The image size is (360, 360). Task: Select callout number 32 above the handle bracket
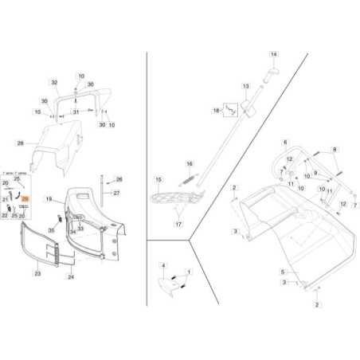click(55, 82)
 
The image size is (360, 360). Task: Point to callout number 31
click(76, 112)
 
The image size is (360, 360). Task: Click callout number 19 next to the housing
click(49, 197)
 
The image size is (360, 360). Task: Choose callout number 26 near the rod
click(119, 179)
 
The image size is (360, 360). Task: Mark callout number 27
click(115, 194)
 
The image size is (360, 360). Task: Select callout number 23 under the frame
click(37, 273)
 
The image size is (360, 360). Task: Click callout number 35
click(53, 229)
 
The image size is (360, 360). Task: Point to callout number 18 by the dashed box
click(215, 113)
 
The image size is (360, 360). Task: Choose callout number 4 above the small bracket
click(162, 264)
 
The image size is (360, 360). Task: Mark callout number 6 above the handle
click(284, 142)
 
